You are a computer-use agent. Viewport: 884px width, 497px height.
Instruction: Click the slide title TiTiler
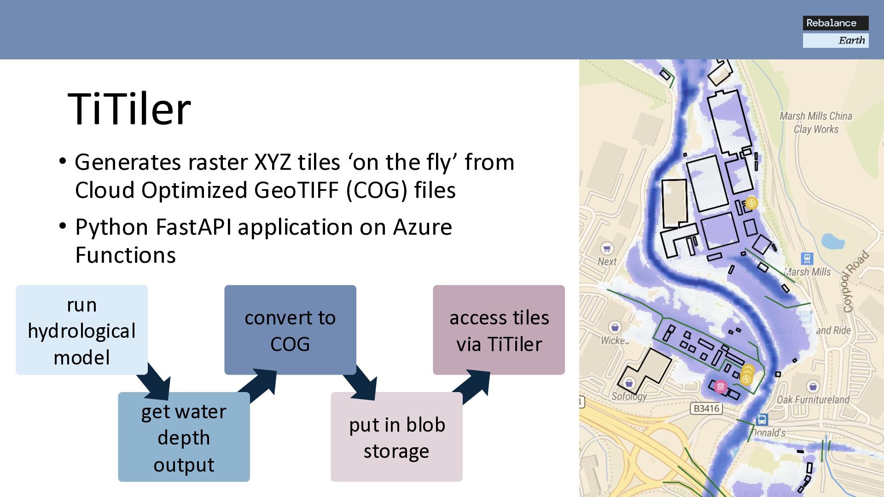click(129, 110)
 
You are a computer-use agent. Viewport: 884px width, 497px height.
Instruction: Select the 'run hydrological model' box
click(81, 330)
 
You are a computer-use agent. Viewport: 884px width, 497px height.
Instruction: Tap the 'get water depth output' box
click(184, 437)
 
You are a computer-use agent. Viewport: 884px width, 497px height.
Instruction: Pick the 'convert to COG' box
click(290, 330)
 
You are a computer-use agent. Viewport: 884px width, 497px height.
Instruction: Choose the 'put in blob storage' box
click(396, 437)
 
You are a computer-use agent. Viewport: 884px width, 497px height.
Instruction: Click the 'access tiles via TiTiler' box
click(499, 330)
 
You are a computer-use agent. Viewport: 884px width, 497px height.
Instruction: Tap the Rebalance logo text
click(831, 23)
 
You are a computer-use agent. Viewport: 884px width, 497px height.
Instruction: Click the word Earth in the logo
click(851, 40)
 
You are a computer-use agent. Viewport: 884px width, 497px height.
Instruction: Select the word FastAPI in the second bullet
click(193, 227)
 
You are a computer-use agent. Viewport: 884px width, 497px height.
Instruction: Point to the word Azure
click(422, 227)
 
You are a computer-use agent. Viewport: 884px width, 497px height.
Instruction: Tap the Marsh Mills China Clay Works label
click(816, 122)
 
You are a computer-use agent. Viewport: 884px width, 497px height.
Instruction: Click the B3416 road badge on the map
click(706, 408)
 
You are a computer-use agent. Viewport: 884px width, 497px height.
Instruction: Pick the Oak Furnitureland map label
click(813, 399)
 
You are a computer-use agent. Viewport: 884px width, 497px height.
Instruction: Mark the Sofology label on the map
click(629, 396)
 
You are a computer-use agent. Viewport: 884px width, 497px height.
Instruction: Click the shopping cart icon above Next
click(607, 248)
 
